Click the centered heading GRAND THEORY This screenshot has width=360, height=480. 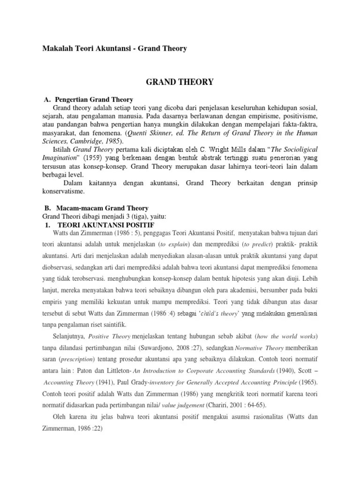pos(180,82)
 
